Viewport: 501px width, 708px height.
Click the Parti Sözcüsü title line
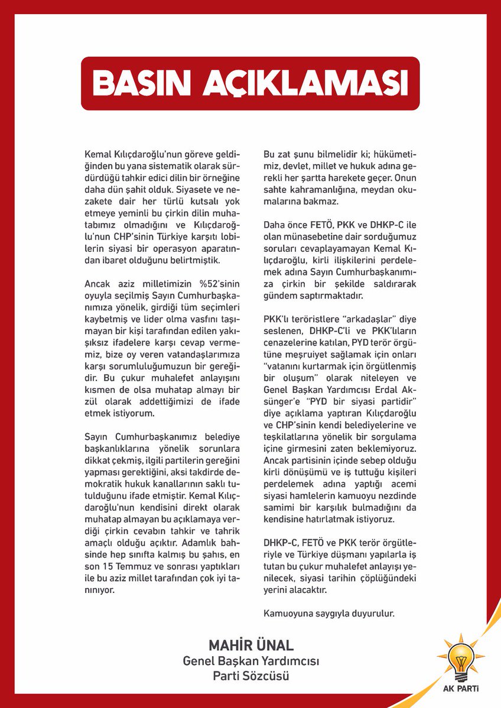[251, 676]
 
